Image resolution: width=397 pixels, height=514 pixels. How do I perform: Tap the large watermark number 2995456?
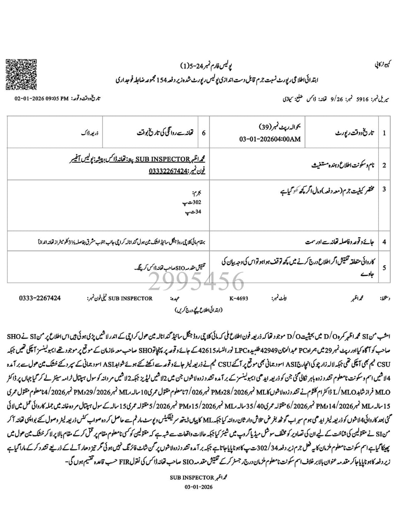point(196,281)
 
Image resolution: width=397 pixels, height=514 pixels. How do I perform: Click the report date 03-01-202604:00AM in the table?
point(270,139)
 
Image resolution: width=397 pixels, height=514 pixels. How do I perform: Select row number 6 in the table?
point(204,133)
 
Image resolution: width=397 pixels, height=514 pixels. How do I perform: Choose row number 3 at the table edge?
point(384,189)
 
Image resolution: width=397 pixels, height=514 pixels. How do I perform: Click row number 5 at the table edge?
point(384,267)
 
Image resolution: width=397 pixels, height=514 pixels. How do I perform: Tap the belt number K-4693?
point(239,298)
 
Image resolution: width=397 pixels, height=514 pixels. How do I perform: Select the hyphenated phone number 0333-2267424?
point(40,298)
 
